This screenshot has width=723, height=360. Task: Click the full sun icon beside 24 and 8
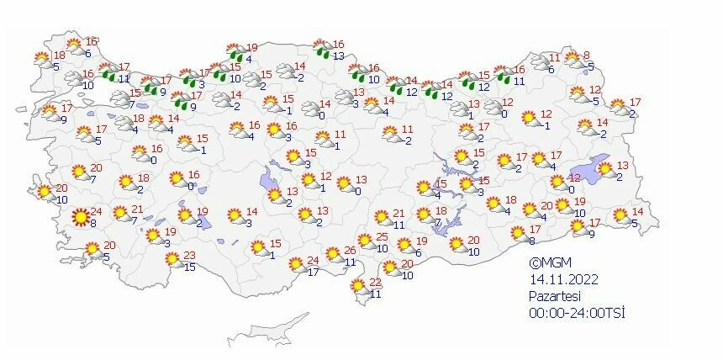pos(81,218)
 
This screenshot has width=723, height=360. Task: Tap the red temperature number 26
pos(351,251)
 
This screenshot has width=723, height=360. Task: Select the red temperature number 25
pos(382,238)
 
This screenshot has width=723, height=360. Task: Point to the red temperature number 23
pos(190,256)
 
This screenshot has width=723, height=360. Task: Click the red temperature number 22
pos(376,282)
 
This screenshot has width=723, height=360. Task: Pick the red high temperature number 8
pos(587,55)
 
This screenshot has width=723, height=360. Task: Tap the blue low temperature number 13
pos(338,56)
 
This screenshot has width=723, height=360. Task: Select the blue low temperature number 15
pos(190,267)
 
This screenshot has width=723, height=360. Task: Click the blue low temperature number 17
pos(313,272)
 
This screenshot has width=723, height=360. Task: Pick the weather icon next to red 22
pos(360,286)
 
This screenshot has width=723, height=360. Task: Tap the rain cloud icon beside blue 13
pos(321,49)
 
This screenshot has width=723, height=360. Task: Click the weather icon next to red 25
pos(366,241)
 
